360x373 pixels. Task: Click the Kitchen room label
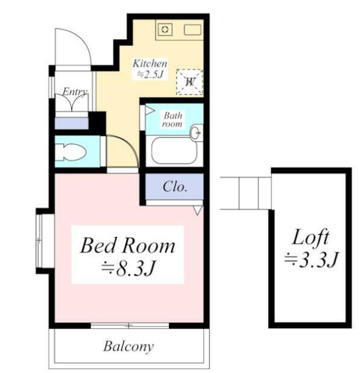tap(150, 64)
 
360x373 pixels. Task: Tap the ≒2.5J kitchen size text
tap(150, 75)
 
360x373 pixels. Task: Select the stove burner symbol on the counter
tap(165, 30)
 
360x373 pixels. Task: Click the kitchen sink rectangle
tap(193, 30)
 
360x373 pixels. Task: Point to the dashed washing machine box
tap(190, 82)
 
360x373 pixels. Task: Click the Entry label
tap(75, 92)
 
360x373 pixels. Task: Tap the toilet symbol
tap(70, 152)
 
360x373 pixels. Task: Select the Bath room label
tap(173, 119)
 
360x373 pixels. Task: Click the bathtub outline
tap(174, 150)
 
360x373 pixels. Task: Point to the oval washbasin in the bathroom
tap(195, 133)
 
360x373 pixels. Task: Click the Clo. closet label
tap(175, 187)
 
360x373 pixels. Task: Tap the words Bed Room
tap(128, 245)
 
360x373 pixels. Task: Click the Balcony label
tap(128, 346)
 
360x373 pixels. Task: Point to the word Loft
tap(310, 237)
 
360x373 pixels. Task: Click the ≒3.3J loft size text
tap(311, 260)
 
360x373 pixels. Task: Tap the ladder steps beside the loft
tap(245, 193)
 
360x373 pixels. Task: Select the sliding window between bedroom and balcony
tap(130, 326)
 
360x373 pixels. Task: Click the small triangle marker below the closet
tap(198, 210)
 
